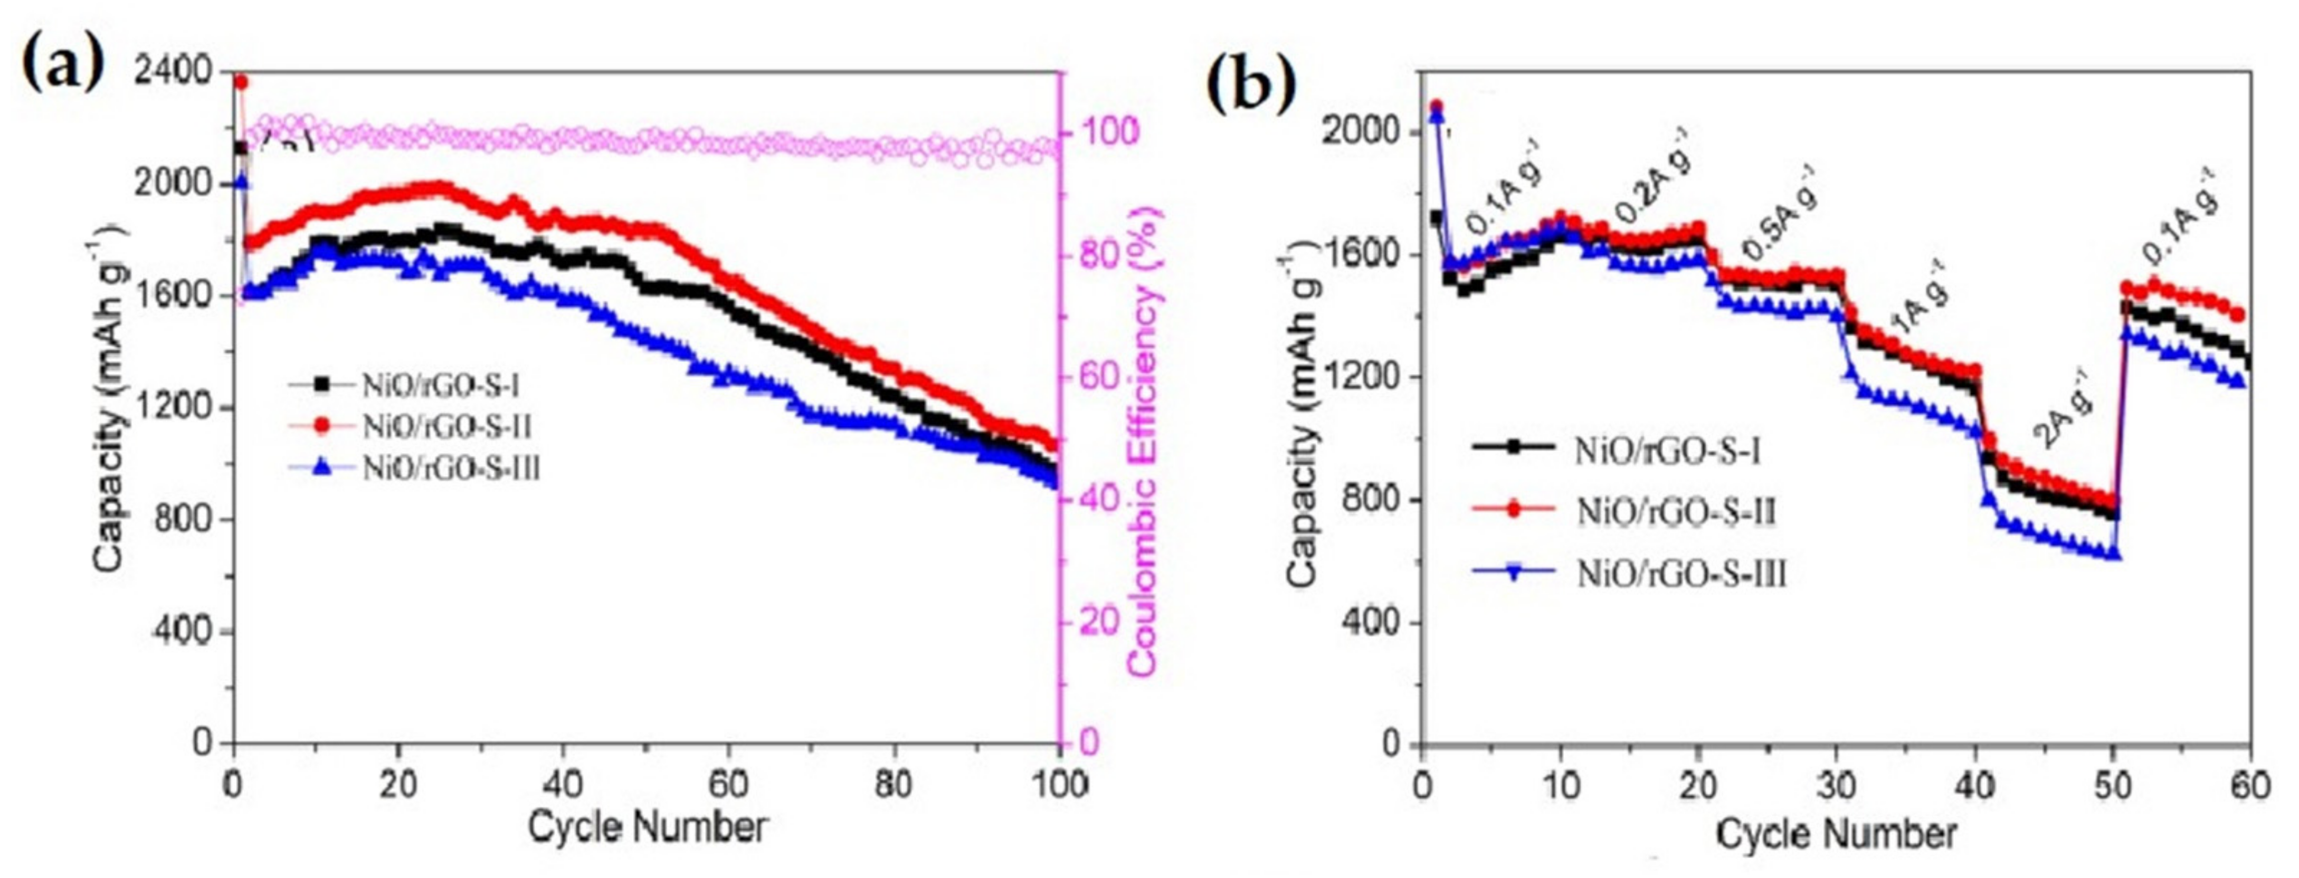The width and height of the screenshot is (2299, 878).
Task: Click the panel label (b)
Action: [x=1249, y=88]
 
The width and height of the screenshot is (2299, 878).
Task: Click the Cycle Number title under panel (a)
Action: [x=647, y=828]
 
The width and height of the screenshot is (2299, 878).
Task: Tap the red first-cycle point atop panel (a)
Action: [x=240, y=82]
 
